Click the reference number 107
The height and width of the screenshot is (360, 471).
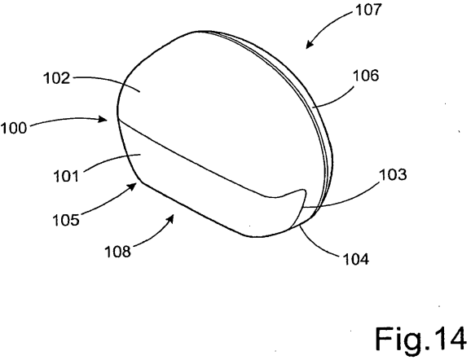point(368,10)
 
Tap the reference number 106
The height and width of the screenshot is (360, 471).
point(366,76)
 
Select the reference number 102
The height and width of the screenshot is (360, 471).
point(57,78)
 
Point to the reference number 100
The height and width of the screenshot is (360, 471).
point(14,128)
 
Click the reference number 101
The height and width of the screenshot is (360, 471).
point(66,176)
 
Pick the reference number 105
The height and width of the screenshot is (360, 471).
point(66,220)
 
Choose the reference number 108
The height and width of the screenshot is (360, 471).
point(117,252)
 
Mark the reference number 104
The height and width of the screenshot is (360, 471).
point(355,259)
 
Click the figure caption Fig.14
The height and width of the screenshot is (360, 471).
point(421,339)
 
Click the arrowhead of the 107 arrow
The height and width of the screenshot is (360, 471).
point(309,45)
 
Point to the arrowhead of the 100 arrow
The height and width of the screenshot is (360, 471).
point(104,120)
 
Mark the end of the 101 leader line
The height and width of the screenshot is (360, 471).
point(141,155)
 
